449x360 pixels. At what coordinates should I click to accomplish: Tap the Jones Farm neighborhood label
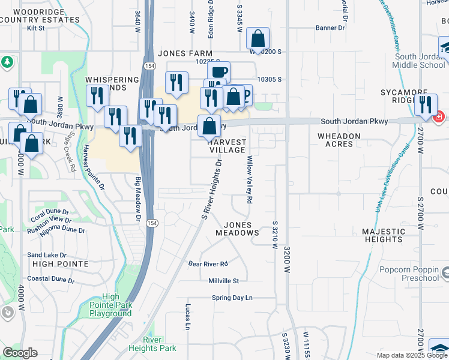tap(185, 53)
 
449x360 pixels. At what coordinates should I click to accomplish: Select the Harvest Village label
tap(226, 146)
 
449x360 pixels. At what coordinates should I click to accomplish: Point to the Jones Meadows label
tap(237, 229)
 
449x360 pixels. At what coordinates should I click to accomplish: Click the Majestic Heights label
tap(384, 235)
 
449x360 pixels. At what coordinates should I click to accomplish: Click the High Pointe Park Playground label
tap(110, 305)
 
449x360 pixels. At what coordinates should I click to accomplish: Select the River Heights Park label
tap(152, 344)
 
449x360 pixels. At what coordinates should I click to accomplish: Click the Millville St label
tap(223, 281)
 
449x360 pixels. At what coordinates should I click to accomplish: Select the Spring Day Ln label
tap(232, 298)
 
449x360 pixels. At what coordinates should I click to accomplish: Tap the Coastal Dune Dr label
tap(51, 280)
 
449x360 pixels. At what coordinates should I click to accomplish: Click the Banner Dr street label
tap(331, 28)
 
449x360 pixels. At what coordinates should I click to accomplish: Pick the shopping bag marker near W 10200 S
tap(258, 39)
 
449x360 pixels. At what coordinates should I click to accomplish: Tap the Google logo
tap(20, 353)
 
